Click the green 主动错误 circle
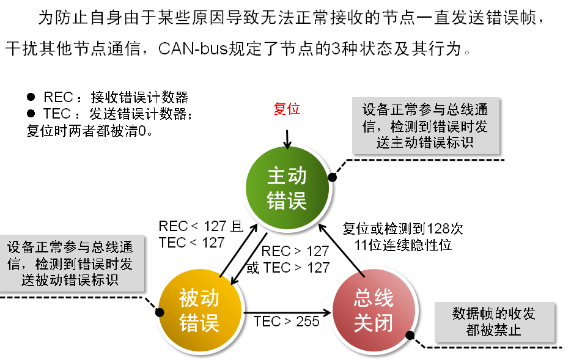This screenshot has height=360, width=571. pos(287,189)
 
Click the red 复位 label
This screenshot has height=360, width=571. pos(287,109)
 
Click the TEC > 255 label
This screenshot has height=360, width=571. pos(286,321)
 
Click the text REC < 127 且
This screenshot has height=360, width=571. pos(201,226)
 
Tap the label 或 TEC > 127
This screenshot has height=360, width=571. pos(287,268)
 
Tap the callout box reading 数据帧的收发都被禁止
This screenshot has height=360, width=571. pos(494,321)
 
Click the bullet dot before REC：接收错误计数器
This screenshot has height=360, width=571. pos(31,97)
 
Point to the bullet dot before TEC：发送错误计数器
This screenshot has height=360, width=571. pos(31,114)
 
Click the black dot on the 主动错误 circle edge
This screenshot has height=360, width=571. pos(333,178)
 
